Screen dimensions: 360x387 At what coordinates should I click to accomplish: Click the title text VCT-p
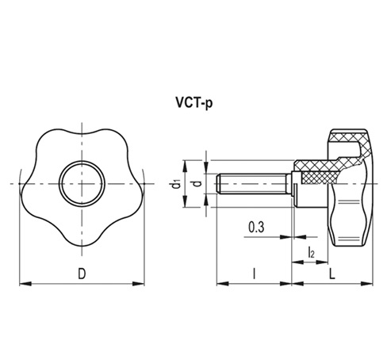[x=193, y=102]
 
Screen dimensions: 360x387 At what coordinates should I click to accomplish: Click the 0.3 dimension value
[x=257, y=228]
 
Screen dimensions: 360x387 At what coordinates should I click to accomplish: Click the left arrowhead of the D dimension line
[x=22, y=281]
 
